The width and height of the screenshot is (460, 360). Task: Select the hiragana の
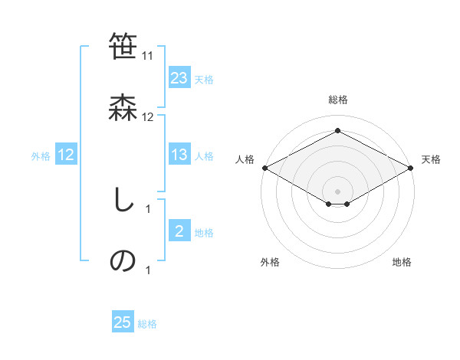coord(123,260)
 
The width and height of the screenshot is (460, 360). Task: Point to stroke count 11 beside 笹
coord(148,56)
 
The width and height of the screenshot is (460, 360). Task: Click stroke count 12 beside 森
coord(148,117)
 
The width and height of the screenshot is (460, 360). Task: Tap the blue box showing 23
coord(179,78)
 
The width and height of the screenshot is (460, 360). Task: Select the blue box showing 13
coord(179,155)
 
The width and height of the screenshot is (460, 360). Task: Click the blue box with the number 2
coord(179,231)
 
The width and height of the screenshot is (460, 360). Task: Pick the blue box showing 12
coord(66,155)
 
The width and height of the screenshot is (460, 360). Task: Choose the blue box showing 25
coord(123,322)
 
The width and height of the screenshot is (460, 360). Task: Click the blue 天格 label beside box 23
coord(204,79)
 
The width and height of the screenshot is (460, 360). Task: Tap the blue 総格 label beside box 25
coord(147,323)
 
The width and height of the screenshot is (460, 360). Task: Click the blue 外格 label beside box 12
coord(41,155)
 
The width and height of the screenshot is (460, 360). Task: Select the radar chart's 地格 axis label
coord(402,262)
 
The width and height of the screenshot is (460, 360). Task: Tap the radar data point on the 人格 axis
coord(264,168)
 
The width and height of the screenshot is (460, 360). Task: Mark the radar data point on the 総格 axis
coord(337,131)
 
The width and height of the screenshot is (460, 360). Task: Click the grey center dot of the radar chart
coord(337,191)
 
